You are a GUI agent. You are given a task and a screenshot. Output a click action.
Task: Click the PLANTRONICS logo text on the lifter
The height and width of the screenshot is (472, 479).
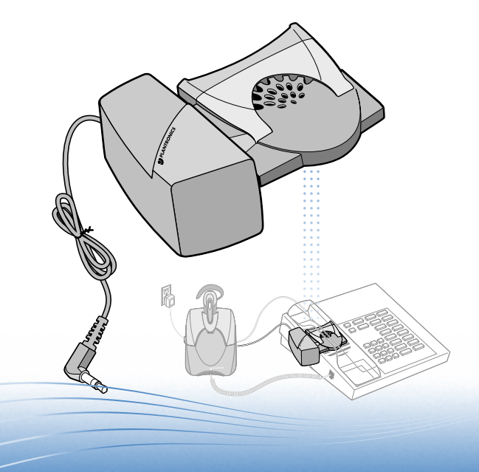(167, 146)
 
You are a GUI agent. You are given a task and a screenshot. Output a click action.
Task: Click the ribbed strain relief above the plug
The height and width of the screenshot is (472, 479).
(96, 331)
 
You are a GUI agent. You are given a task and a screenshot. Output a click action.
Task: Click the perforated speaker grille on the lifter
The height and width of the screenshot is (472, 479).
(280, 92)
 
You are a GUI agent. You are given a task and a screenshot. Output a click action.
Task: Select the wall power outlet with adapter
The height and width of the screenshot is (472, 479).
(167, 295)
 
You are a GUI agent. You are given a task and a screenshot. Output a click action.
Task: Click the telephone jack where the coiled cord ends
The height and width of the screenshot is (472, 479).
(331, 374)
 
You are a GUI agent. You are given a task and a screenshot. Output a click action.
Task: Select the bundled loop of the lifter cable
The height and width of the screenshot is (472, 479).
(83, 236)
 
